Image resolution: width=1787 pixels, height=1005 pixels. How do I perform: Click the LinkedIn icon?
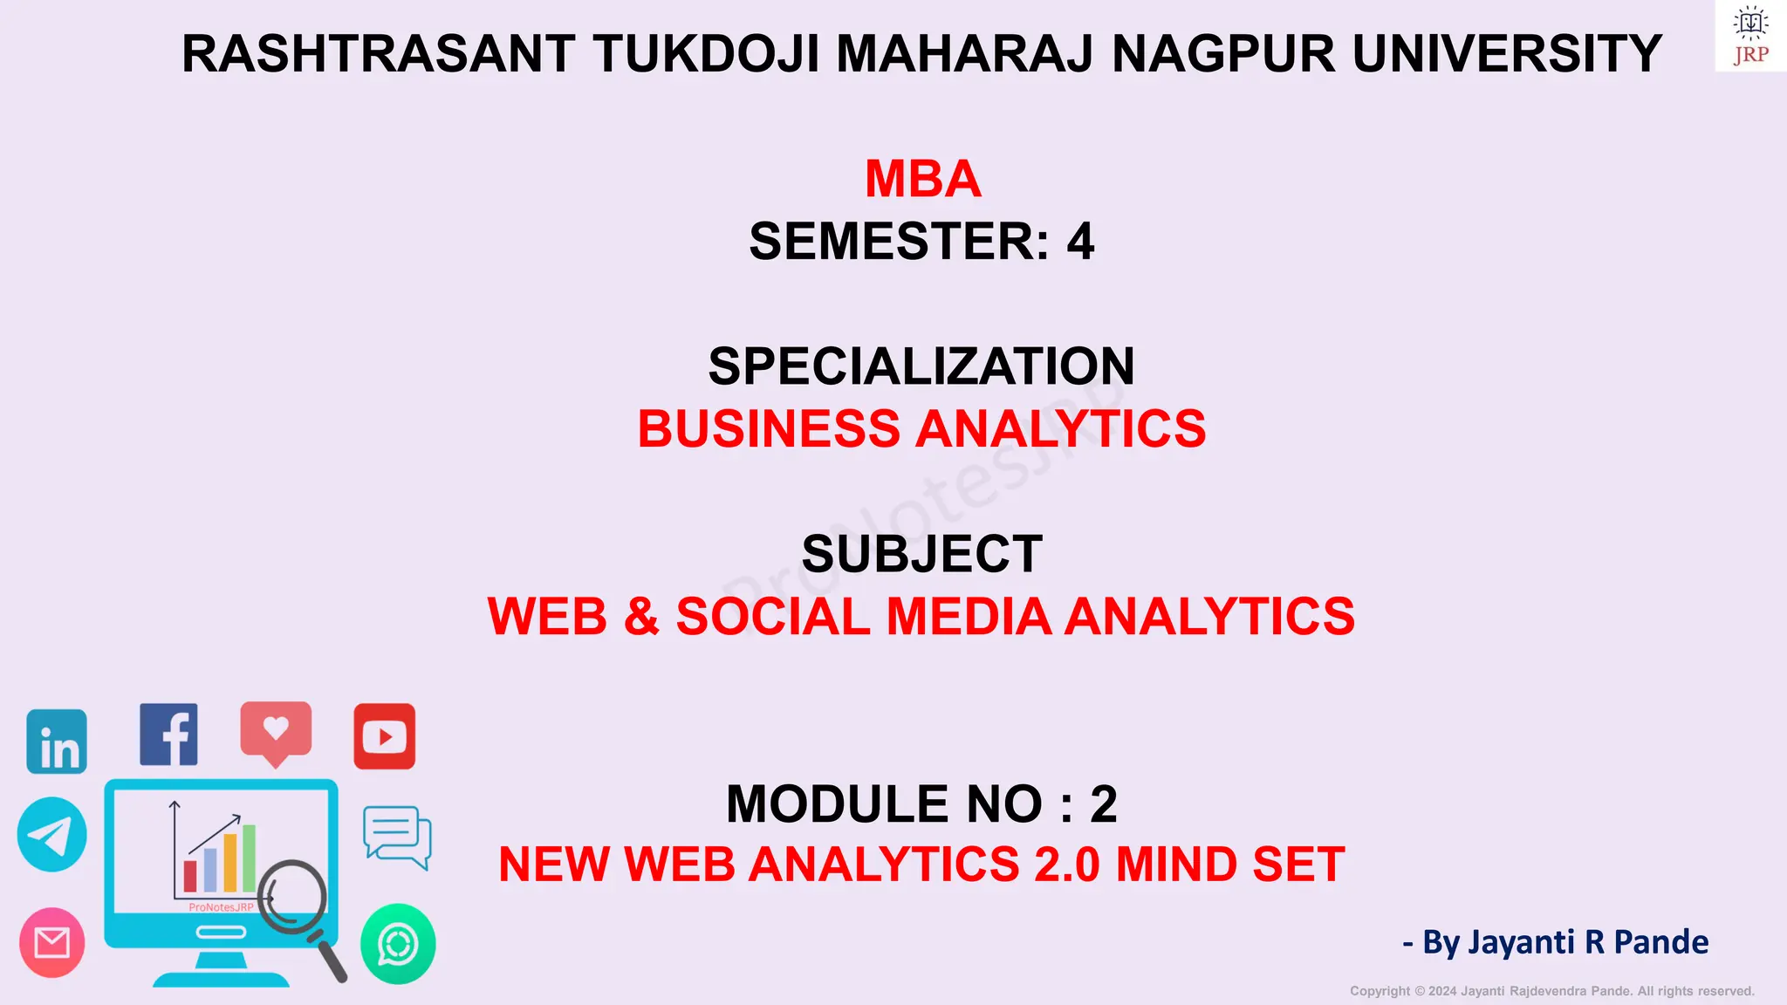(57, 742)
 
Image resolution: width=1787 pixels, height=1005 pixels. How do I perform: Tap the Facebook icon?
(169, 735)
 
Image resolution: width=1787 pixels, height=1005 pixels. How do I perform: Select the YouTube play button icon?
(385, 737)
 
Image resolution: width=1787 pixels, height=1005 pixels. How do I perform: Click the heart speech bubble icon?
(276, 731)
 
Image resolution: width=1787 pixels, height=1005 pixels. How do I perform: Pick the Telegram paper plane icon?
(52, 835)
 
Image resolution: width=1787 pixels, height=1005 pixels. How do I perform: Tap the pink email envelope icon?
(52, 943)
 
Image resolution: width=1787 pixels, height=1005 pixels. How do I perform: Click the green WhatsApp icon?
(398, 944)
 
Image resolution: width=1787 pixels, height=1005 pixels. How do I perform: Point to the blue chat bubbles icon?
(397, 837)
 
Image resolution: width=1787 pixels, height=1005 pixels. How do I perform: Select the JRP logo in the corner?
(1750, 36)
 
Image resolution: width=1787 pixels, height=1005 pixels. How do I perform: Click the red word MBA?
(922, 179)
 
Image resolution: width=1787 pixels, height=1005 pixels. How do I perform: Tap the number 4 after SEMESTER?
(1080, 242)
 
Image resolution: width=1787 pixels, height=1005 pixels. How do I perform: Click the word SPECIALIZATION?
(921, 366)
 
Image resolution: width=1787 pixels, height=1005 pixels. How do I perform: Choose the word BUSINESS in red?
(769, 429)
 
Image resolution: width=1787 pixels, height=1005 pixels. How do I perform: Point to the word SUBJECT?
(922, 554)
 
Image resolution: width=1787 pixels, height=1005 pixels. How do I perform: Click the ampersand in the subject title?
(641, 617)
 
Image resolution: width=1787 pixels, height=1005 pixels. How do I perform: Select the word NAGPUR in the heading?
(1223, 54)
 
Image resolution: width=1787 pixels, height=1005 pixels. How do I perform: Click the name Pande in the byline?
(1661, 942)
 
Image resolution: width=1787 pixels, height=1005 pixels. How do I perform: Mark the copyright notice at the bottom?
(1551, 991)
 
